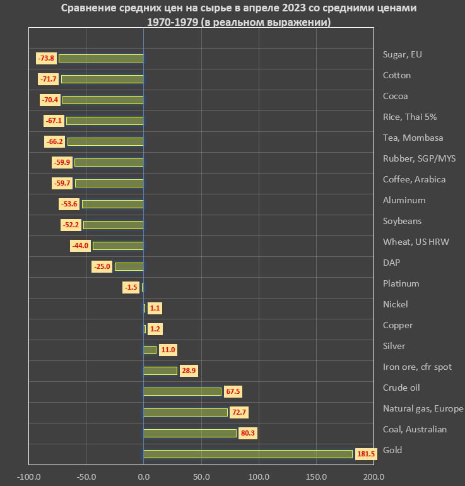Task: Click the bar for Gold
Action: pos(248,454)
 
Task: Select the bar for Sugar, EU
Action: pos(101,58)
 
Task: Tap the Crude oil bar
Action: pos(182,391)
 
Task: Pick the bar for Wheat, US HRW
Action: pos(118,246)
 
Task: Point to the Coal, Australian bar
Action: pos(190,433)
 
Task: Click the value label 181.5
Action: pos(365,454)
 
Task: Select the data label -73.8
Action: pos(47,58)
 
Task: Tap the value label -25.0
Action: pos(103,266)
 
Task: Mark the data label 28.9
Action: pos(189,370)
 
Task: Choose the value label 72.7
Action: pos(239,412)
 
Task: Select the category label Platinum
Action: pos(401,283)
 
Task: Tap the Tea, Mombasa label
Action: pos(413,138)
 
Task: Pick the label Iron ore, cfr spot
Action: pos(417,367)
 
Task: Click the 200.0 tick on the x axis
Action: pos(374,477)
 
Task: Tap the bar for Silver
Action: pos(150,350)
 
